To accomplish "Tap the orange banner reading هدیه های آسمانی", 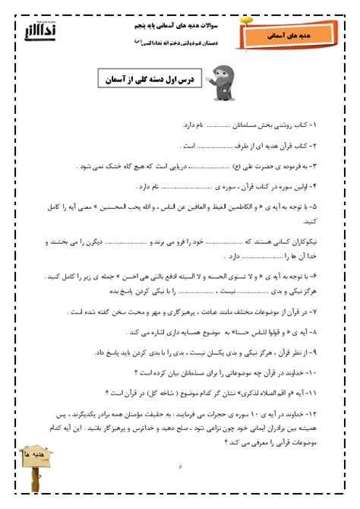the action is coord(285,35).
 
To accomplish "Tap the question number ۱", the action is coord(319,125).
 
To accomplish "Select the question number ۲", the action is coord(319,145).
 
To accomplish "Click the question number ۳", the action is coord(319,166).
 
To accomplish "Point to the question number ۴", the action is coord(319,186).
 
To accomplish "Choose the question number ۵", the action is coord(319,207).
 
